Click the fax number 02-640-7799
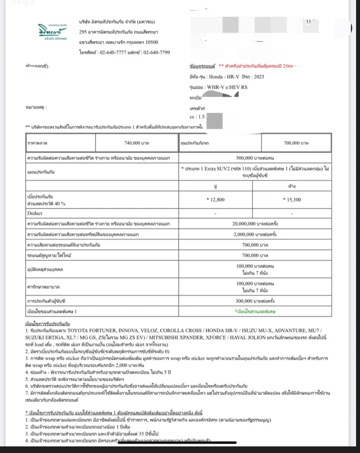coord(157,52)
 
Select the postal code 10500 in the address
coord(150,42)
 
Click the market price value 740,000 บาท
coord(137,143)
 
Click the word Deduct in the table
coord(35,213)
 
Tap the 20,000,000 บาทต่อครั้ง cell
coord(255,224)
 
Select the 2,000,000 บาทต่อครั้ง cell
coord(255,234)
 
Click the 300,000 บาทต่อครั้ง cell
coord(255,301)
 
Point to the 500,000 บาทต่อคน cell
coord(255,158)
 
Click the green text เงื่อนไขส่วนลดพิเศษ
coord(255,311)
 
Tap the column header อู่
coord(215,186)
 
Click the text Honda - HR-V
coord(223,77)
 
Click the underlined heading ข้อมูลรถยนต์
coord(202,66)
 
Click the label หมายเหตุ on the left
coord(36,107)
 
